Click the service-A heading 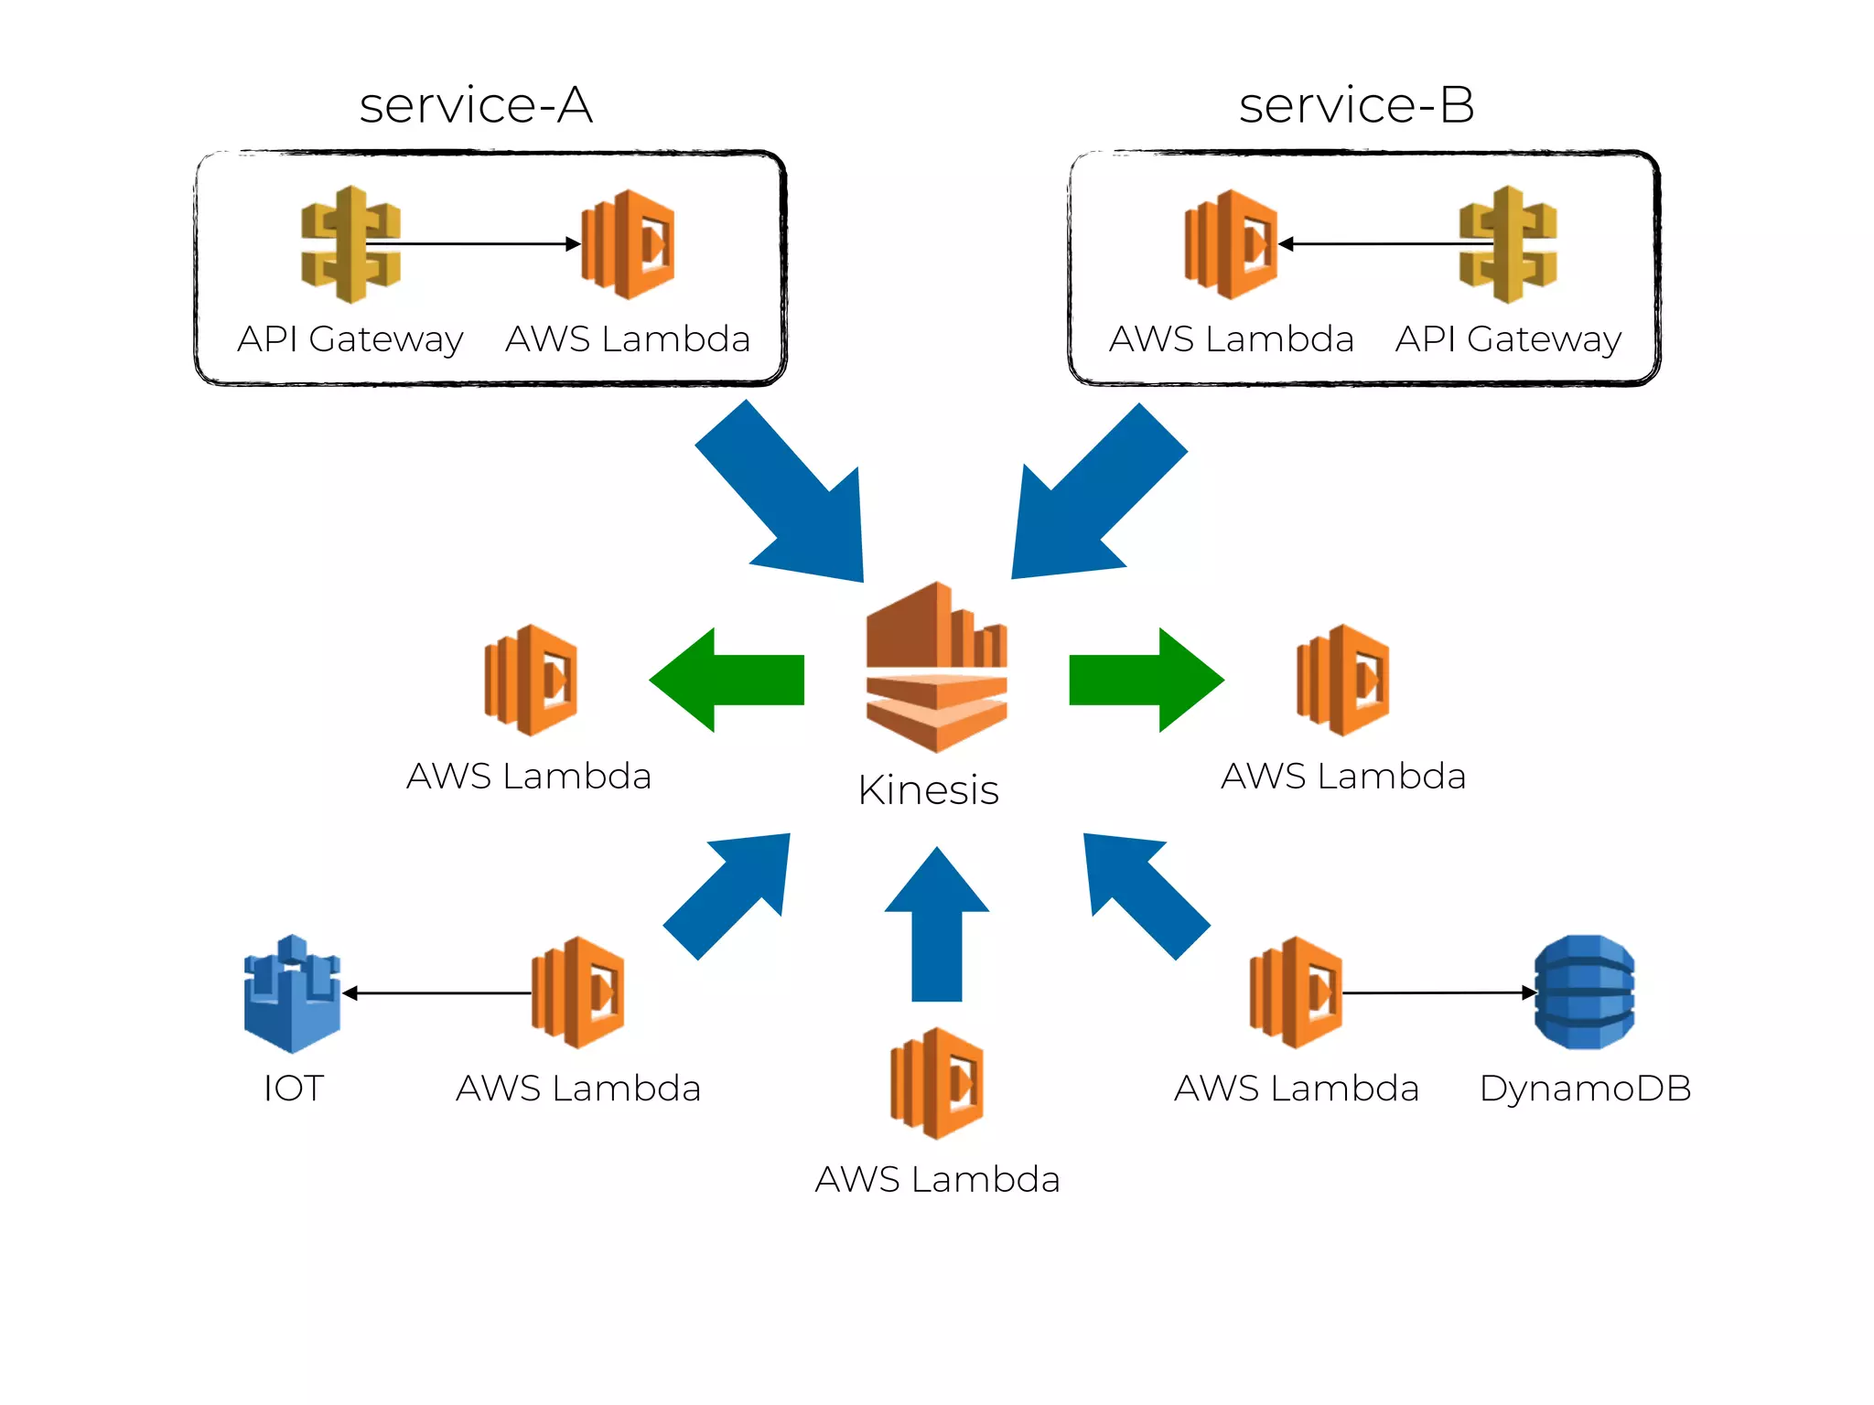click(476, 105)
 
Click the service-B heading click(1356, 105)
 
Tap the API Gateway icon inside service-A click(350, 244)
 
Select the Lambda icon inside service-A click(629, 244)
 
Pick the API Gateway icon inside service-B click(1508, 244)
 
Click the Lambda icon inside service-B click(1231, 244)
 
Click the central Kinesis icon click(936, 668)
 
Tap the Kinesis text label click(928, 789)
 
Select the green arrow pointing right click(1146, 680)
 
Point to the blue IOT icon click(292, 993)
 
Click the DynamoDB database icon click(1585, 992)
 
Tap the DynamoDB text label click(1585, 1089)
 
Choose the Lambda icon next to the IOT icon click(578, 992)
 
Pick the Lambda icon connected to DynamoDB click(1297, 992)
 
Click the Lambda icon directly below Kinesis click(937, 1083)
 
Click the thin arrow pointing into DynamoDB click(1437, 992)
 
